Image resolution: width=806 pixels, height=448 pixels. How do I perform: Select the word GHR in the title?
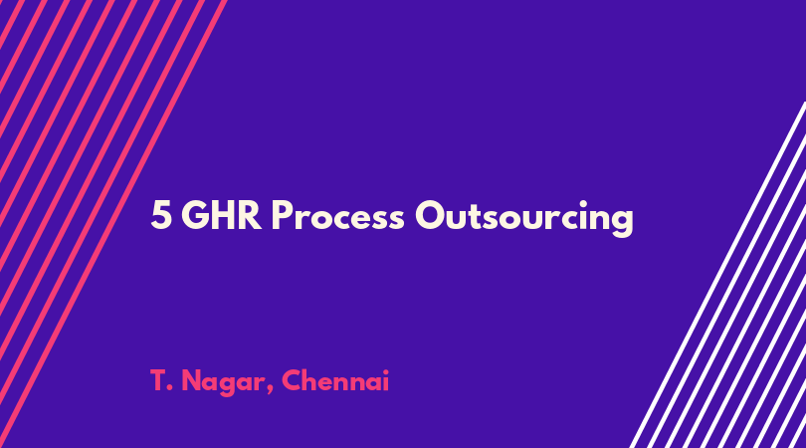222,215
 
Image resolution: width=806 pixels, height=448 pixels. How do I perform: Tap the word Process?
337,215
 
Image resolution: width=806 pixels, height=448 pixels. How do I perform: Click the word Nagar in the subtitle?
224,382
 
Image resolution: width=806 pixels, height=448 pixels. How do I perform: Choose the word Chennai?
335,380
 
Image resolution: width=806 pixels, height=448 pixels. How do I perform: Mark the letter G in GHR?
195,215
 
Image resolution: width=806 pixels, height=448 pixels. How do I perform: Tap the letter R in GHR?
252,215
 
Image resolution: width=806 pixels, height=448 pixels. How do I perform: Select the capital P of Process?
282,215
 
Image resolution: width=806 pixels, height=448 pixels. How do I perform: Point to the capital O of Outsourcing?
430,215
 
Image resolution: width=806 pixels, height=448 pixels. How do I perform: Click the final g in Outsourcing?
622,222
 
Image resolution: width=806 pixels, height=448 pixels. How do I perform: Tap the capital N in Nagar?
192,380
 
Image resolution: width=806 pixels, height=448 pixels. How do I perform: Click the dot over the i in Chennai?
385,372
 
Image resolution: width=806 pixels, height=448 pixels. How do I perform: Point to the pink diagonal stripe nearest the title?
112,224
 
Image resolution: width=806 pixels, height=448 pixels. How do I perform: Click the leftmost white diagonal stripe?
717,275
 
